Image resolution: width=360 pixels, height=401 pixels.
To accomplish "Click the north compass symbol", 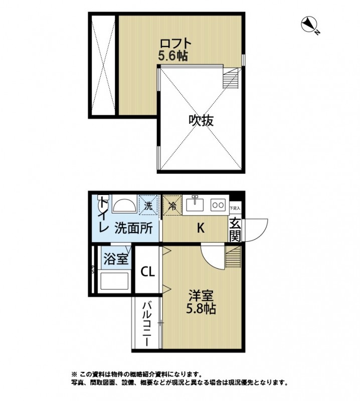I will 309,25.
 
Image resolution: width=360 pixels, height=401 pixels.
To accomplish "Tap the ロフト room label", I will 173,43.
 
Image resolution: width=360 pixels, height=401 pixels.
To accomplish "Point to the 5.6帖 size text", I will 173,56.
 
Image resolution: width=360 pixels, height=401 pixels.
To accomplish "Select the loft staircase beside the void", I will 231,78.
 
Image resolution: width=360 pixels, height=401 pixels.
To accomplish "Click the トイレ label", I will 103,216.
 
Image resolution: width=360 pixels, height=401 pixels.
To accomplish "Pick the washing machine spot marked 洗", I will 148,205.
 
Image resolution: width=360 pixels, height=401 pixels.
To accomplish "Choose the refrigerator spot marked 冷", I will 172,205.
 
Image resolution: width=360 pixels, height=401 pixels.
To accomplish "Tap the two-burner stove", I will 218,205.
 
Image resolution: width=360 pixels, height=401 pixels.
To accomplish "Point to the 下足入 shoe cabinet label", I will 235,208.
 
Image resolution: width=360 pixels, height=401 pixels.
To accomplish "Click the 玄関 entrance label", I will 235,228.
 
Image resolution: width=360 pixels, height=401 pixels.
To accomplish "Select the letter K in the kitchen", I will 200,229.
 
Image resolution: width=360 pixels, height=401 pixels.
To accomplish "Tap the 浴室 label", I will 116,259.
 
